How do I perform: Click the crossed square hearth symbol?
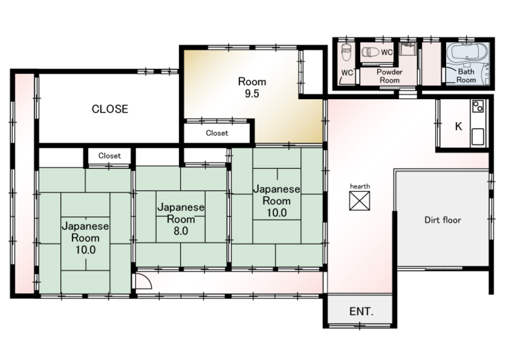coord(360,200)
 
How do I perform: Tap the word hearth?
coord(360,186)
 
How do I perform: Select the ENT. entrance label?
coord(361,312)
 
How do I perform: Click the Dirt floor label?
coord(443,220)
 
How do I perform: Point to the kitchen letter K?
coord(458,126)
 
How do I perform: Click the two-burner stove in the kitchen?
coord(478,106)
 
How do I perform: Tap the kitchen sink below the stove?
coord(478,136)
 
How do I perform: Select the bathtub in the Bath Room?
coord(467,54)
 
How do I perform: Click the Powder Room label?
coord(389,76)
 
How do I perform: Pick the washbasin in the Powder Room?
coord(408,50)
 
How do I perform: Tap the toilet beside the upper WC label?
coord(370,52)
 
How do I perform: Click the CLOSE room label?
coord(110,109)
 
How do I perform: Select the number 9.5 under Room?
coord(252,94)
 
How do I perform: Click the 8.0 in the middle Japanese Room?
coord(181,231)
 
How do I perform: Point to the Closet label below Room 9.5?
coord(217,133)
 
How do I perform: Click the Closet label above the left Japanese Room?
coord(109,156)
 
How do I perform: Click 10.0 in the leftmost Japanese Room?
coord(86,249)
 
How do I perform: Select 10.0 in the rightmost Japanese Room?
coord(277,213)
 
